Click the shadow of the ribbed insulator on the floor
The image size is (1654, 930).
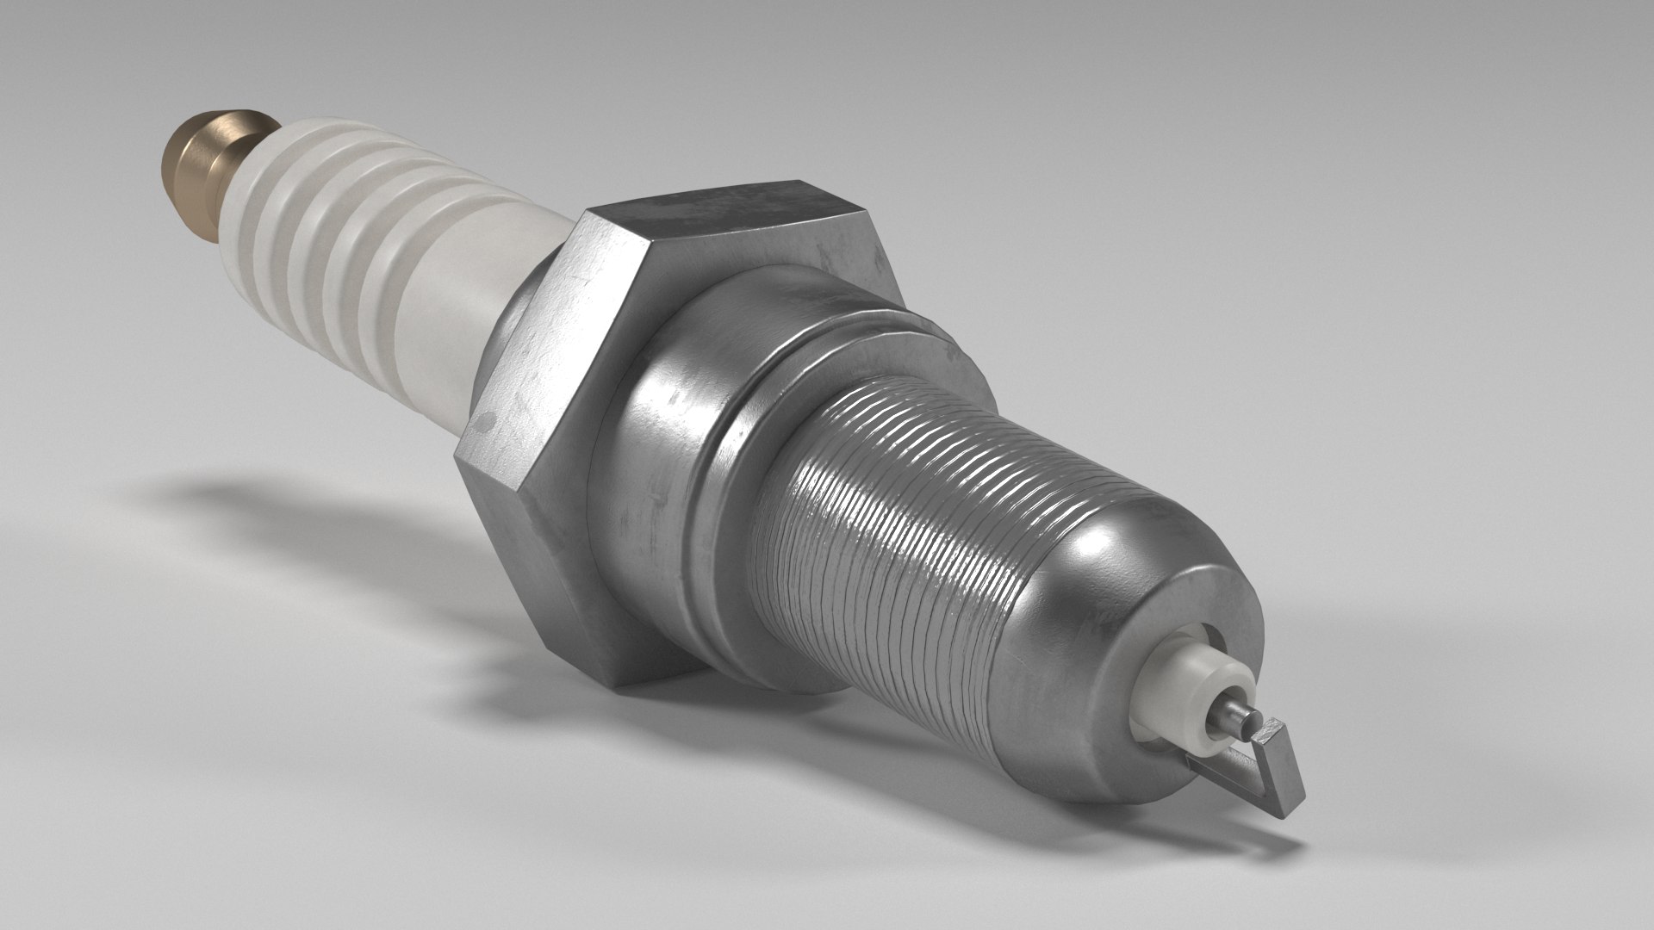258,508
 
